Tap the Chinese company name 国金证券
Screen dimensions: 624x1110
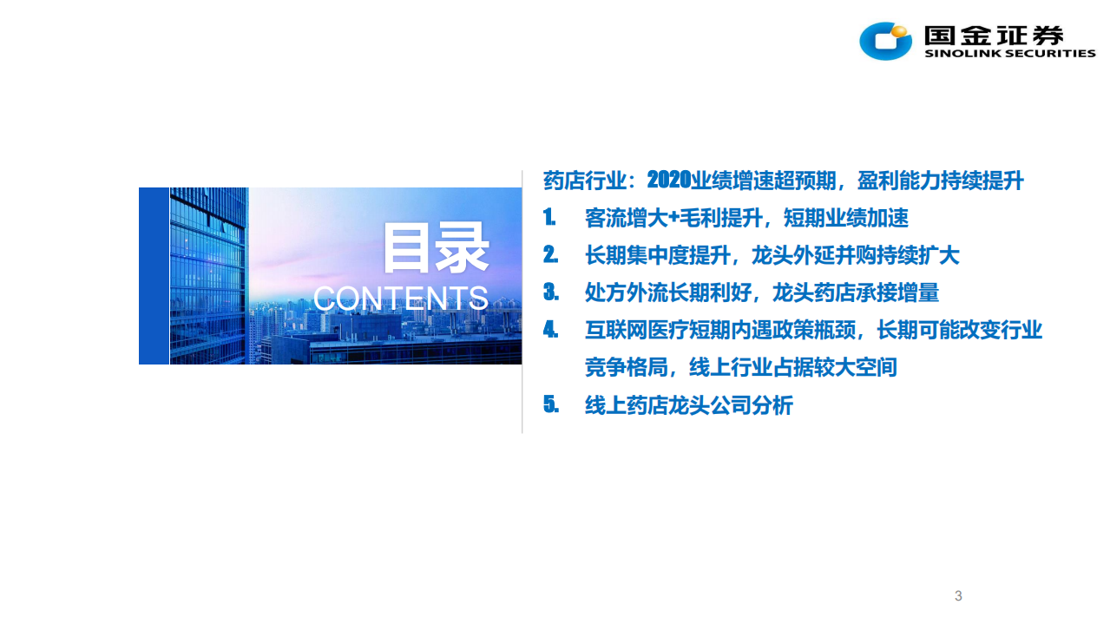(995, 35)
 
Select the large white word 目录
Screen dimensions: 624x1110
(436, 249)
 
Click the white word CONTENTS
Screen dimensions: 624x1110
(401, 299)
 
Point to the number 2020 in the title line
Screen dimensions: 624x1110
(669, 181)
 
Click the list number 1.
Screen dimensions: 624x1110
(549, 218)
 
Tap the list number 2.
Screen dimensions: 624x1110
(550, 255)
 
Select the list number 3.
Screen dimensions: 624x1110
(550, 292)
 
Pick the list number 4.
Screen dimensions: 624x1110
(550, 330)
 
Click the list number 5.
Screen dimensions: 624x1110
(550, 404)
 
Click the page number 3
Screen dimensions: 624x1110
(958, 596)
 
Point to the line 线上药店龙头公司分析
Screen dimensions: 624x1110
(689, 404)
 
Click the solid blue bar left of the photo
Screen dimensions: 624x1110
(154, 276)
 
